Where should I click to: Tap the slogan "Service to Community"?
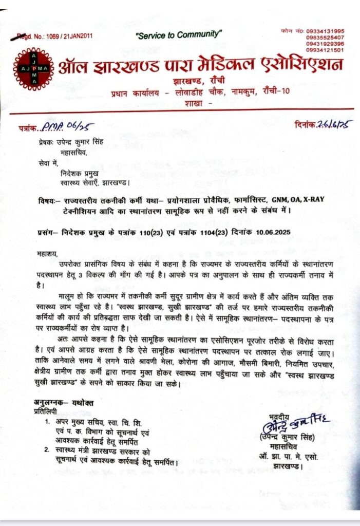point(178,34)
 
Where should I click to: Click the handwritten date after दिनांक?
point(335,124)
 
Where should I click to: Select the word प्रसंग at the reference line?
point(47,232)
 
